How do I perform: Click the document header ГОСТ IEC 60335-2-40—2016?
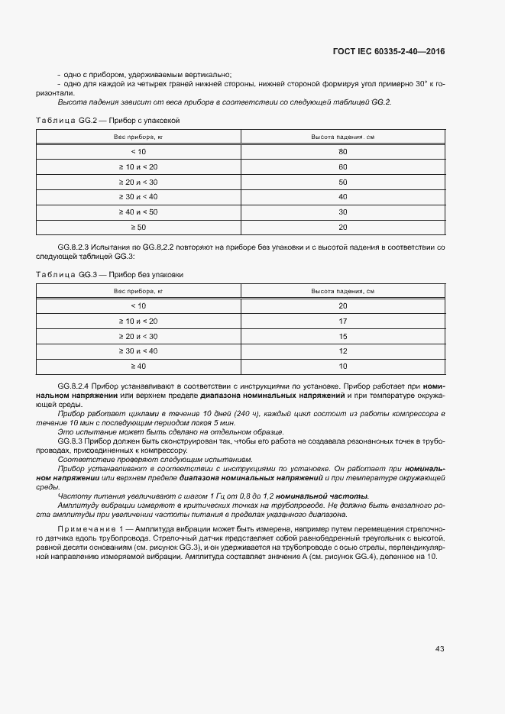click(x=389, y=52)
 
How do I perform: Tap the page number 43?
click(x=439, y=649)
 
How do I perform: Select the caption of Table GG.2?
click(x=108, y=121)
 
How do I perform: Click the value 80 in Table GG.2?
click(x=342, y=152)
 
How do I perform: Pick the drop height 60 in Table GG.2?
click(x=342, y=166)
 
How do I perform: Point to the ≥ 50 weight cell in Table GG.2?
click(x=138, y=227)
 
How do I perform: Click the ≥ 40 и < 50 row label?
click(x=138, y=212)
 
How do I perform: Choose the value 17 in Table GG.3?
click(x=342, y=321)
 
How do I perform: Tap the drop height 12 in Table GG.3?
click(x=342, y=351)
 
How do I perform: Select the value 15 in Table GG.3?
click(x=342, y=336)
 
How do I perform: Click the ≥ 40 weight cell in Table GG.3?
click(x=138, y=366)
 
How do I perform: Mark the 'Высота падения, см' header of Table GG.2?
click(x=342, y=137)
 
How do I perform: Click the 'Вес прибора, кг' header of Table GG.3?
click(x=138, y=291)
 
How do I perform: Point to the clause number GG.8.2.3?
click(x=74, y=249)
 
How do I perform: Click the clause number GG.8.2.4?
click(x=74, y=388)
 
